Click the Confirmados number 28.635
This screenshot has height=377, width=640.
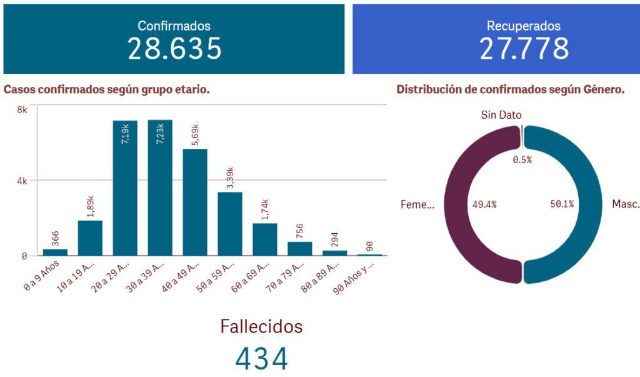coord(174,49)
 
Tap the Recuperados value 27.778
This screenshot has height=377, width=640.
coord(524,49)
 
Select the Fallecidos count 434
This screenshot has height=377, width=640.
coord(262,358)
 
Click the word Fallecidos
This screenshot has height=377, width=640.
coord(261,326)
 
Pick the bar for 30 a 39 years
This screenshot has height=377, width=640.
coord(160,188)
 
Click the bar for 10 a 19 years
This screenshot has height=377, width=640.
coord(90,238)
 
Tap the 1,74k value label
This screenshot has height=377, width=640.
coord(265,208)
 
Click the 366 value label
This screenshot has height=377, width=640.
coord(55,238)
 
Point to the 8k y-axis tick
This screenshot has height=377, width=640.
coord(22,110)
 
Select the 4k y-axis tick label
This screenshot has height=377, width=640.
coord(22,181)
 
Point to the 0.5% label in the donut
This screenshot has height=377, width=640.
coord(522,160)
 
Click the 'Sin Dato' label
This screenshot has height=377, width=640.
coord(501,115)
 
